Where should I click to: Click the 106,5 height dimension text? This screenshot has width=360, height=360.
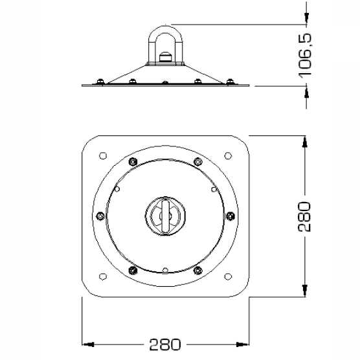pos(305,55)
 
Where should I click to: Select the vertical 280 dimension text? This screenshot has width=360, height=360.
pos(304,216)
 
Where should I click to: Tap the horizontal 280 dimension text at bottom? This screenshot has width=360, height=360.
pos(165,344)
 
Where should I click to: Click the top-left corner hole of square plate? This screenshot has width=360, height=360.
pos(103,155)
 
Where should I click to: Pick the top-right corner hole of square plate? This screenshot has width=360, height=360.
pos(228,155)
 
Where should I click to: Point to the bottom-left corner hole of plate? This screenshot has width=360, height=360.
pos(103,276)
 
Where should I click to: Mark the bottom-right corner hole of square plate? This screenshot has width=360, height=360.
pos(228,276)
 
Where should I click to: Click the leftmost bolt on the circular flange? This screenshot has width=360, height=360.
pos(100,216)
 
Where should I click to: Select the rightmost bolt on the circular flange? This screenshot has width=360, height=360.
pos(231,216)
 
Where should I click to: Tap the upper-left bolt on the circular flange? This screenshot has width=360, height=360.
pos(133,162)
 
